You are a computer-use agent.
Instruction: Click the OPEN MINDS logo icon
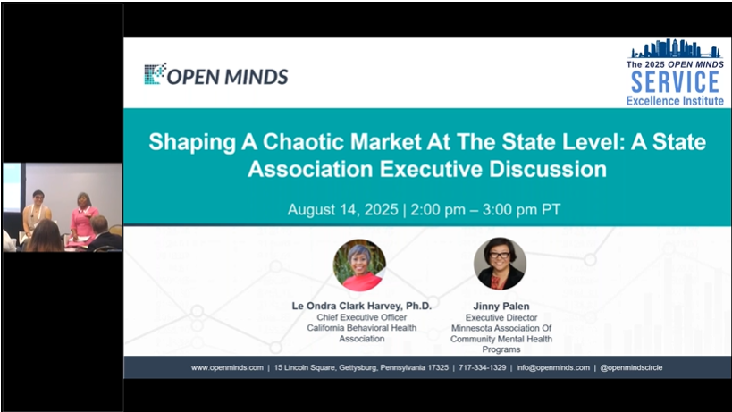coord(155,73)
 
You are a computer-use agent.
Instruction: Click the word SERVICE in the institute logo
coord(675,82)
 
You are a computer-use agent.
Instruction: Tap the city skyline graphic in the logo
coord(675,48)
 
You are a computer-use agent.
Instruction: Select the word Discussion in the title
coord(548,169)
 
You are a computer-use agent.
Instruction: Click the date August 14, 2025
coord(342,209)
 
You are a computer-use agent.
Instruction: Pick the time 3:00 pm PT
coord(521,209)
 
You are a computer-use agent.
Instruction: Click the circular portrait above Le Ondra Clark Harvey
coord(359,265)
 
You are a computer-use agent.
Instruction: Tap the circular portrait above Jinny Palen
coord(500,264)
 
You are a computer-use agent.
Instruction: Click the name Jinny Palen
coord(501,307)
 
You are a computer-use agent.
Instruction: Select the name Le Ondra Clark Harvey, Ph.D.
coord(362,306)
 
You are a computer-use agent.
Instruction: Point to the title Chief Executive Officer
coord(362,317)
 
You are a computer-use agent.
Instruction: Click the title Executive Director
coord(501,318)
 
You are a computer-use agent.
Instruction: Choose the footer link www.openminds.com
coord(227,367)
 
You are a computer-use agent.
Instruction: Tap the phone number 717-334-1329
coord(483,367)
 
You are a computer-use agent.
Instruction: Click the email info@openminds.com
coord(552,367)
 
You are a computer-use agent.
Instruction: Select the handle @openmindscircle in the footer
coord(631,367)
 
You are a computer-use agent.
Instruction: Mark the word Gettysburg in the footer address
coord(358,367)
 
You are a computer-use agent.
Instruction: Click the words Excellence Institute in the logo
coord(675,101)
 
